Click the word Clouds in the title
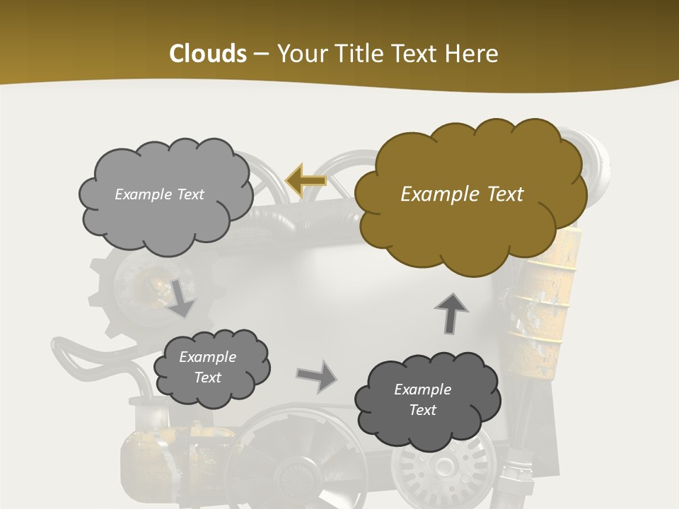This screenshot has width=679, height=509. pos(207,54)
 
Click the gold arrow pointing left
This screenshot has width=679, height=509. pos(306,180)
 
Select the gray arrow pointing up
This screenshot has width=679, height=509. pos(451,313)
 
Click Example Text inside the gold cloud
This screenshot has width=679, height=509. pos(462,194)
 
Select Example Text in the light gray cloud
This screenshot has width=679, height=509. pos(159,194)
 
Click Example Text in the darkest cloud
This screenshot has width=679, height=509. pos(422,399)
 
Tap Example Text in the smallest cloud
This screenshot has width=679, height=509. pos(207,367)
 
